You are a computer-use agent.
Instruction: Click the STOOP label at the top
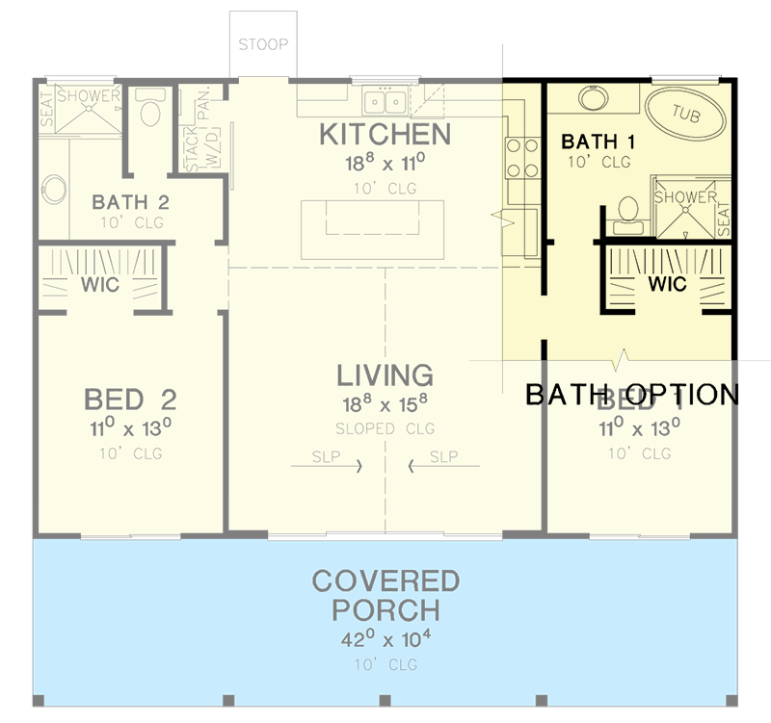[x=263, y=44]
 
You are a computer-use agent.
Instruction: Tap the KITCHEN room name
[x=385, y=135]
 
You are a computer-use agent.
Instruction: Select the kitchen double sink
[x=383, y=101]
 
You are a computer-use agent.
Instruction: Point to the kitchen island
[x=372, y=228]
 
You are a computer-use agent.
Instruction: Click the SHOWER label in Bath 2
[x=88, y=95]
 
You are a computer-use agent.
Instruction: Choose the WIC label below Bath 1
[x=667, y=285]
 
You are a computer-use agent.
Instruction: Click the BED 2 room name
[x=129, y=399]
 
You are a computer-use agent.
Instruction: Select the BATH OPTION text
[x=631, y=395]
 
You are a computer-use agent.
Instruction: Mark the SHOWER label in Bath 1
[x=685, y=197]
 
